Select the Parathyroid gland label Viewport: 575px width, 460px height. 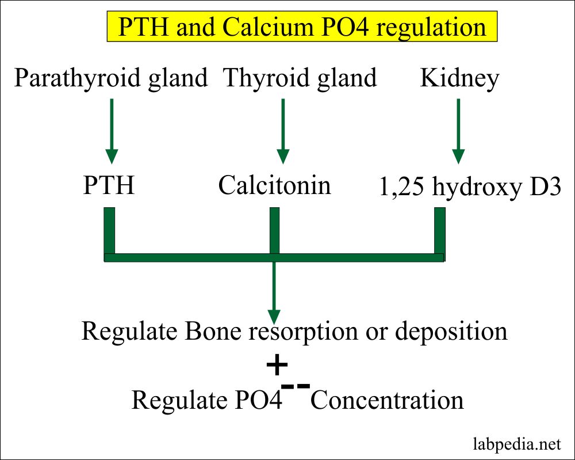click(111, 78)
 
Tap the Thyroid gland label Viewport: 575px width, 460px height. click(300, 78)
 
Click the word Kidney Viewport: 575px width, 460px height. click(459, 78)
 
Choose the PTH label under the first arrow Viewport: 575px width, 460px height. click(109, 186)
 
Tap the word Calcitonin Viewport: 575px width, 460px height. click(275, 185)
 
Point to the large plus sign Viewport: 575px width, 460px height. click(277, 364)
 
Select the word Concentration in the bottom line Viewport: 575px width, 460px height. click(386, 400)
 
